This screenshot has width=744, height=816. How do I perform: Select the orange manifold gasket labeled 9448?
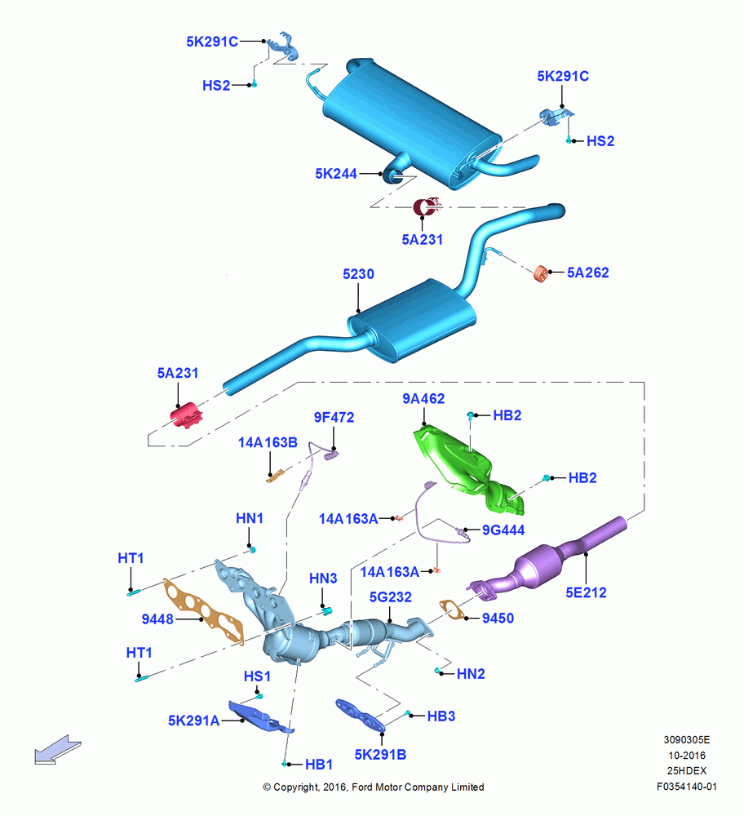[204, 612]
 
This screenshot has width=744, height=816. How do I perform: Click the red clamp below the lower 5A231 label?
[186, 415]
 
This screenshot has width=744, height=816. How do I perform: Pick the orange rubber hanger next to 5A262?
[542, 273]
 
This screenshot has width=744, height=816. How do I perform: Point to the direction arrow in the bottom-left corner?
[57, 749]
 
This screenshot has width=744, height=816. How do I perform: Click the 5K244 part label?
[336, 174]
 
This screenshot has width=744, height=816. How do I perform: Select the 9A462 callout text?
[423, 399]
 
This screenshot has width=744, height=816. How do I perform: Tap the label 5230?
[358, 273]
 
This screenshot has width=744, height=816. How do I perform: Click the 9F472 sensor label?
[334, 417]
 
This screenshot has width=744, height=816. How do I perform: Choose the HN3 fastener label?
[323, 579]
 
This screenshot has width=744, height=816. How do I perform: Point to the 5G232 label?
[390, 597]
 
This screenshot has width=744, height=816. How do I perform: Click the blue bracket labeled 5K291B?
[361, 715]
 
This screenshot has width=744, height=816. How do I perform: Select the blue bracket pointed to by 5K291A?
[260, 716]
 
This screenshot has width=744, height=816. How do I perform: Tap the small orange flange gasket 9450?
[451, 610]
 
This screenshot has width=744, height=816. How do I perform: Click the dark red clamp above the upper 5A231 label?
[426, 207]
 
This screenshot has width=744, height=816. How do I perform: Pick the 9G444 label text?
[503, 530]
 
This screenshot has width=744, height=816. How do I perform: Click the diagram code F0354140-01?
[687, 787]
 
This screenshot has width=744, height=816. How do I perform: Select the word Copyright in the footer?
[295, 787]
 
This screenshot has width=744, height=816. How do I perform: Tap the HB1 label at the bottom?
[319, 765]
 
